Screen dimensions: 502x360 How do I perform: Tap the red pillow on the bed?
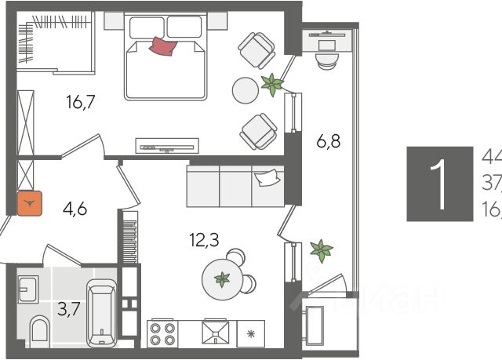coord(163,46)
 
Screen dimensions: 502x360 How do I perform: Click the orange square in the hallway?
coord(30,205)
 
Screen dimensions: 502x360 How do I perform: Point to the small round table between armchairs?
coord(245,90)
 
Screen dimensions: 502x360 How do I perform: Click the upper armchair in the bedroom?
coord(256,49)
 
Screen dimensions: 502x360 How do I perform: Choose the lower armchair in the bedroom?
coord(257,131)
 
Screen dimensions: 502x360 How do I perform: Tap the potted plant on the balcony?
coord(320,251)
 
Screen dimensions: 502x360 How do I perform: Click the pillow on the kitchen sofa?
coord(268,179)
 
